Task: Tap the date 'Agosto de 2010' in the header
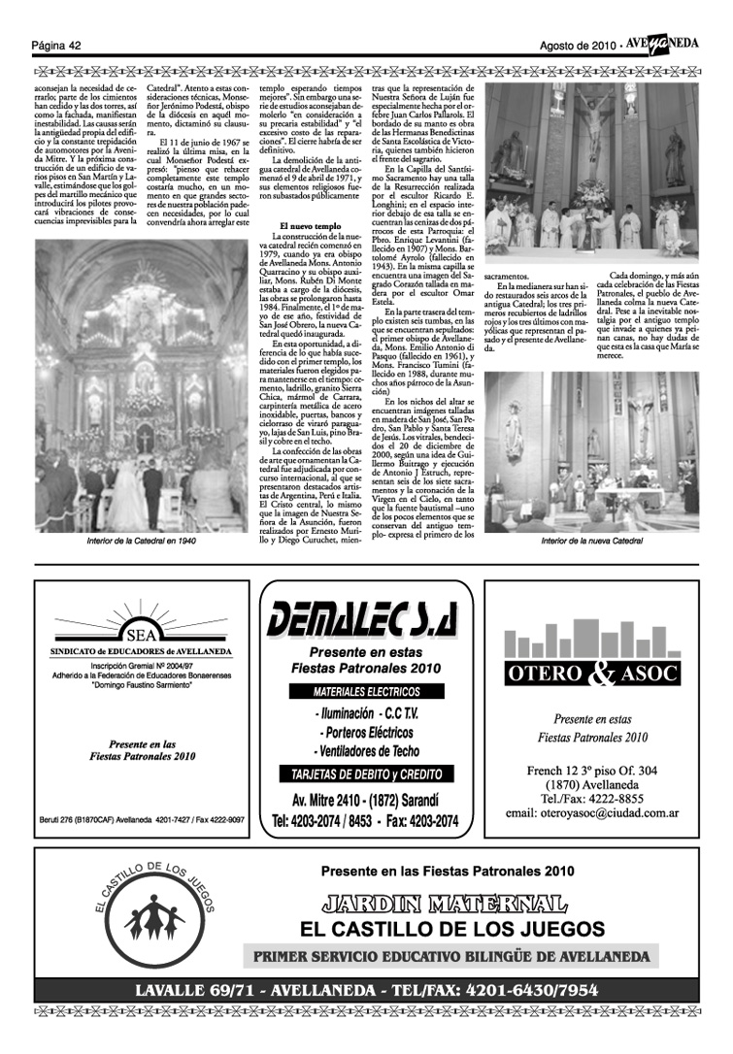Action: (x=580, y=46)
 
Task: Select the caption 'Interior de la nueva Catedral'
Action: (x=593, y=540)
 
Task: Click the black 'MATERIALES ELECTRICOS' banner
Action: (x=365, y=693)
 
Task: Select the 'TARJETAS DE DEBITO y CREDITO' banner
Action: (x=365, y=774)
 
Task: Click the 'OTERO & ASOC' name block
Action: (x=593, y=673)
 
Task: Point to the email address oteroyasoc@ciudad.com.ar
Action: (x=592, y=813)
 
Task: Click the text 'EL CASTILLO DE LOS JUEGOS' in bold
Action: (x=452, y=929)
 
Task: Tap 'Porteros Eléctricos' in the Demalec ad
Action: (x=365, y=733)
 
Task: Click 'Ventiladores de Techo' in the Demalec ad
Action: (x=365, y=751)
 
